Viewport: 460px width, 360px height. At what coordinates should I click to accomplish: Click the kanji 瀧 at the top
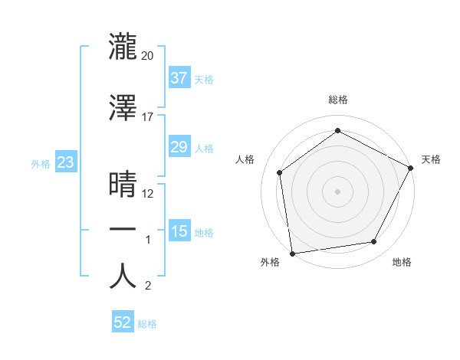pos(123,47)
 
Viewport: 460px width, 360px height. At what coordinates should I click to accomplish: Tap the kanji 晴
pos(123,185)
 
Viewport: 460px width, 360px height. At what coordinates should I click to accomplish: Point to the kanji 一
pos(123,230)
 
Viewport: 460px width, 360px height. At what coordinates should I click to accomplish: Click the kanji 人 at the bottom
pos(123,276)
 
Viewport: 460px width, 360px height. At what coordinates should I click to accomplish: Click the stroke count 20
pos(148,56)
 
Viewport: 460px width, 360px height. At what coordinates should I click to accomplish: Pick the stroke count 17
pos(148,116)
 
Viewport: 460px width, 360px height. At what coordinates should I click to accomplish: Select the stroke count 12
pos(148,193)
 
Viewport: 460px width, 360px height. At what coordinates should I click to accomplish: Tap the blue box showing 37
pos(179,78)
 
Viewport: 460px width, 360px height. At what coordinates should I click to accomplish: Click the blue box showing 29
pos(179,147)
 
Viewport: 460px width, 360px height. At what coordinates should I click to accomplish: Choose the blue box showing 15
pos(179,231)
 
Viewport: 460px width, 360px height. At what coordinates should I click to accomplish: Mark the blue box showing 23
pos(65,162)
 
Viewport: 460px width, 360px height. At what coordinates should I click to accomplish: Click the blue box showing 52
pos(123,322)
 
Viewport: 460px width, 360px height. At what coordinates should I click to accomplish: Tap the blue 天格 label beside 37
pos(204,79)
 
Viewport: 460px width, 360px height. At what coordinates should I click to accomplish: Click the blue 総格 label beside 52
pos(147,323)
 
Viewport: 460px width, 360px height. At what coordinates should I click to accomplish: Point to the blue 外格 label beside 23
pos(41,163)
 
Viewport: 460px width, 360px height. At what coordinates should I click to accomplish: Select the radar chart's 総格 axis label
pos(338,100)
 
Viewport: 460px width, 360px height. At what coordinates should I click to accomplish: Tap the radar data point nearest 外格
pos(292,252)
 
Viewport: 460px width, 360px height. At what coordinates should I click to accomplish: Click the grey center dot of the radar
pos(338,191)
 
